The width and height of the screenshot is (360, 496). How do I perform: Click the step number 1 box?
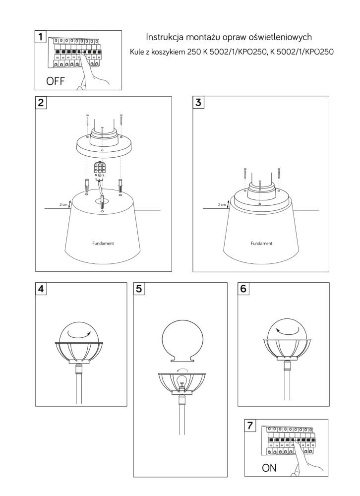pos(41,37)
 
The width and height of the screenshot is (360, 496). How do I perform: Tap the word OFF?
pos(56,81)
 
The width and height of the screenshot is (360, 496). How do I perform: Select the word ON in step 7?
pos(269,468)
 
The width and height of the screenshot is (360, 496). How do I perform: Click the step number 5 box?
pos(139,289)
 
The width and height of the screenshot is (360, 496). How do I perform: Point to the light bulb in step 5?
pos(181,381)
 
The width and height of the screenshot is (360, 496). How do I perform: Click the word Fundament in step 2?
pos(103,244)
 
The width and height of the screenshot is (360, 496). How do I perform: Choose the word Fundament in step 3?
pos(261,244)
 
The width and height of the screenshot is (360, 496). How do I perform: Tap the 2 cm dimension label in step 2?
pos(63,205)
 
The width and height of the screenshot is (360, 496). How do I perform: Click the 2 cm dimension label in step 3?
pos(222,205)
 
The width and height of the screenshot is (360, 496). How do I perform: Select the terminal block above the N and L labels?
pos(100,167)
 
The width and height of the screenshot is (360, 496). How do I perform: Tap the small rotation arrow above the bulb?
pos(182,371)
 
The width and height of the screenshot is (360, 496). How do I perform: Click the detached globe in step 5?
pos(181,341)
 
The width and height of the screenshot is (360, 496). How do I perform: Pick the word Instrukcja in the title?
pos(165,37)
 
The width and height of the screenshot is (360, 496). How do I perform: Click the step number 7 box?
pos(250,426)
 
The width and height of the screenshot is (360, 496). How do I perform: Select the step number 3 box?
pos(198,102)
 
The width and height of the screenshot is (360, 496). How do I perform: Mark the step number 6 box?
pos(243,289)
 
